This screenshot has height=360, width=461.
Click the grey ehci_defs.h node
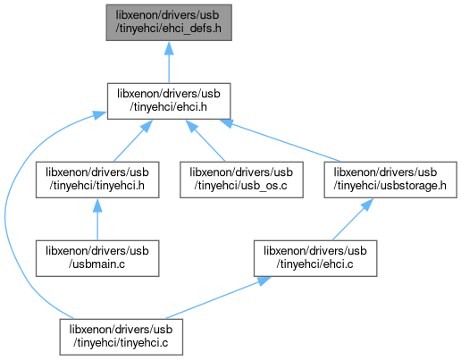[x=169, y=22]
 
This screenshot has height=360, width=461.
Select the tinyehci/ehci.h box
[x=169, y=101]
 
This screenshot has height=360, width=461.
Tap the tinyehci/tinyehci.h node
[x=97, y=180]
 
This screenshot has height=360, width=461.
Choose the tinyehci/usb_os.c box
[x=241, y=180]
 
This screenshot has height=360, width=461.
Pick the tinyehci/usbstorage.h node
[x=390, y=180]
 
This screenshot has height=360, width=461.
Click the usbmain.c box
[x=97, y=258]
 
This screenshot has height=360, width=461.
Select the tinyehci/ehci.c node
[x=315, y=258]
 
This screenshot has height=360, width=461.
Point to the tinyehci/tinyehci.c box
[x=122, y=337]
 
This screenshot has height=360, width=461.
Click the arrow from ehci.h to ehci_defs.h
[x=169, y=63]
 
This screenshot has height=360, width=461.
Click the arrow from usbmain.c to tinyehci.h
[x=97, y=220]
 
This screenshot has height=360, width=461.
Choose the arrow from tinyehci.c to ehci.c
[x=218, y=297]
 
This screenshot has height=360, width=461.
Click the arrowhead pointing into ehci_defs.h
[x=169, y=48]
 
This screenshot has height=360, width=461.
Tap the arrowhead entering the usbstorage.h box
[x=367, y=205]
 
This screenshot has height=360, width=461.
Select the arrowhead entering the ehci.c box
[x=264, y=281]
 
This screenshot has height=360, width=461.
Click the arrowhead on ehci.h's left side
[x=100, y=115]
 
